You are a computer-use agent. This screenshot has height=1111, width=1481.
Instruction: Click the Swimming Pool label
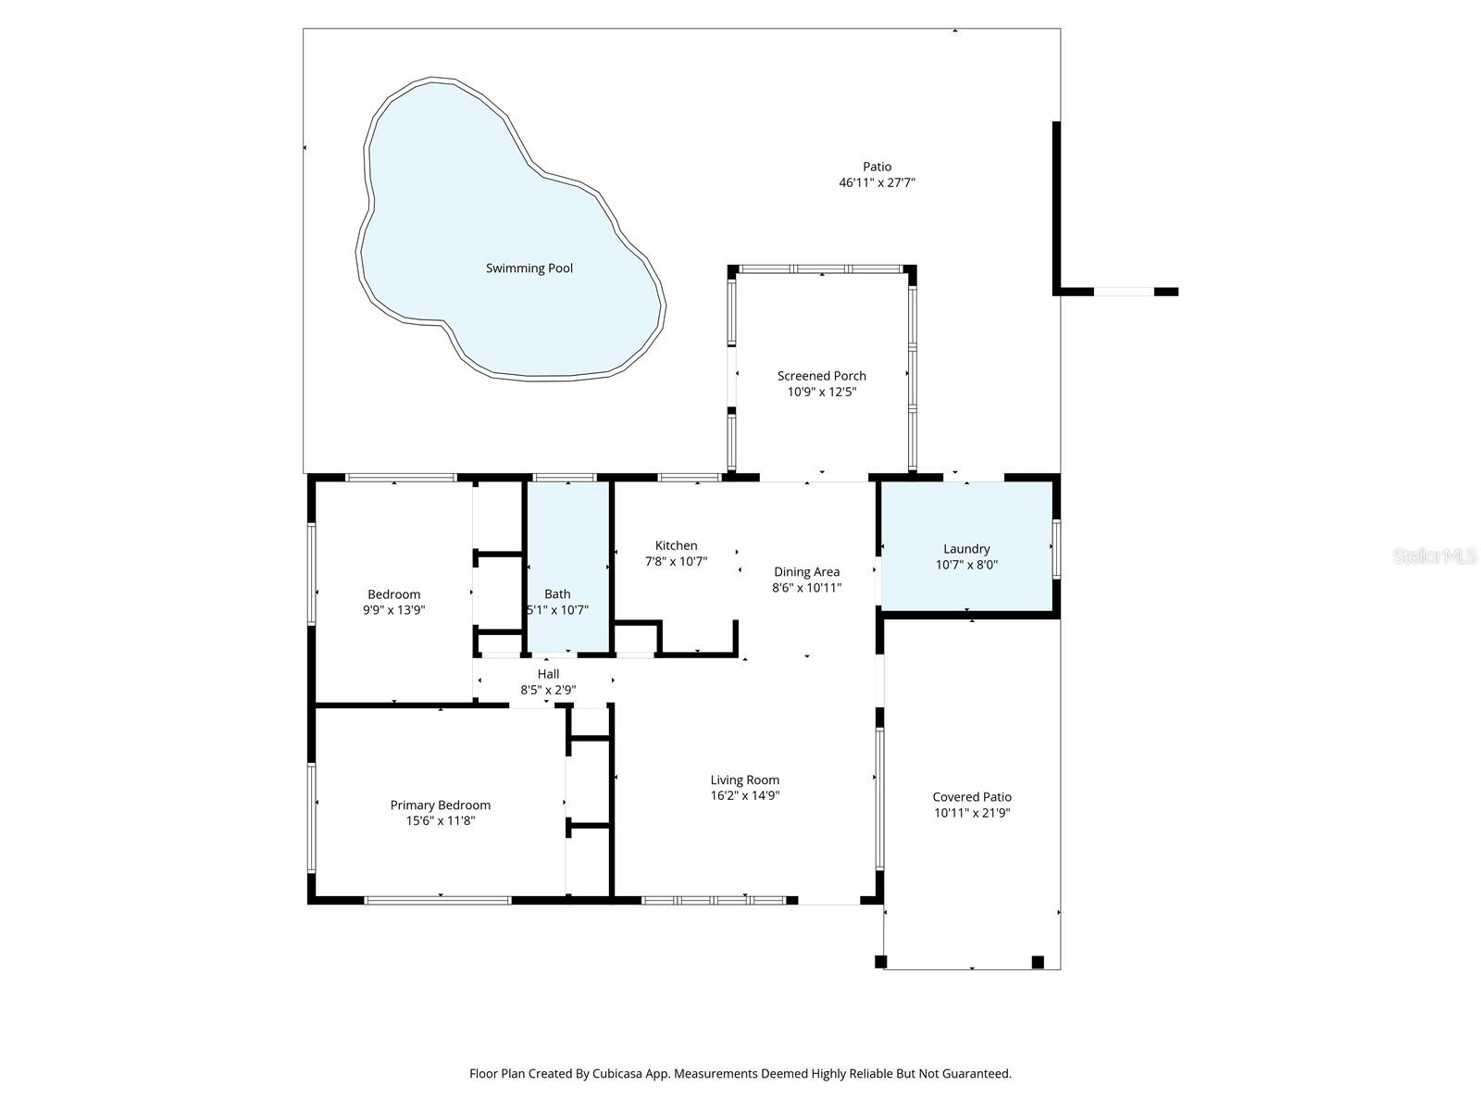click(x=529, y=268)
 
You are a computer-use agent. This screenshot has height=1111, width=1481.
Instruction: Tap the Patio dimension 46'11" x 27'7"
click(x=877, y=183)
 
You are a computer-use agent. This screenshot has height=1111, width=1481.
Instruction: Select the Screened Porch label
click(x=821, y=376)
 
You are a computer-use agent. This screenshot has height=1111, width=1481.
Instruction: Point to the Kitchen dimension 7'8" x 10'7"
click(x=676, y=561)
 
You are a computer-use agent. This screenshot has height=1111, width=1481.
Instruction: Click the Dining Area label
click(x=806, y=572)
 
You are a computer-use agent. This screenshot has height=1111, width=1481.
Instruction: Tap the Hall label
click(x=548, y=674)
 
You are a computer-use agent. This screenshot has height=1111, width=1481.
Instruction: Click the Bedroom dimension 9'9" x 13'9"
click(x=393, y=610)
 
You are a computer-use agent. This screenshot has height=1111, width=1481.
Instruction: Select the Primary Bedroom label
click(x=440, y=805)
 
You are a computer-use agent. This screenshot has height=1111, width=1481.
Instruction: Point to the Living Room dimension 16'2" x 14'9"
click(x=744, y=795)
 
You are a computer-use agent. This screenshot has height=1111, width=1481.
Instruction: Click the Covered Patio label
click(x=971, y=797)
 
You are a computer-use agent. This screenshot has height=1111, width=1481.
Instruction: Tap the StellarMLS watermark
click(x=1435, y=555)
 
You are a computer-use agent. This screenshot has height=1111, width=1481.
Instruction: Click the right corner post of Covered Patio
click(x=1038, y=962)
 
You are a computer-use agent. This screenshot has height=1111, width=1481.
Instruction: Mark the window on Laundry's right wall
click(x=1056, y=549)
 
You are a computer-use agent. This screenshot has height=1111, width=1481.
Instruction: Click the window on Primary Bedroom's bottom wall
click(x=438, y=900)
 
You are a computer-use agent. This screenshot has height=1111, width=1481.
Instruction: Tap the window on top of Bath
click(x=565, y=478)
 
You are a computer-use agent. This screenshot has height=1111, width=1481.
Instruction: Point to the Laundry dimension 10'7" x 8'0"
click(x=966, y=565)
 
